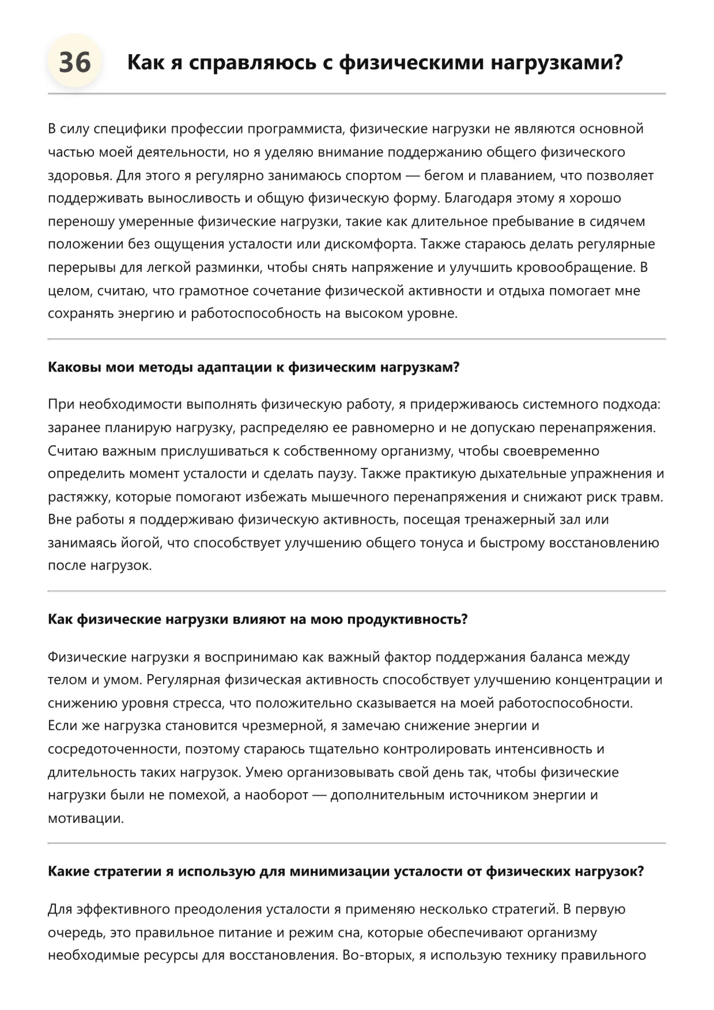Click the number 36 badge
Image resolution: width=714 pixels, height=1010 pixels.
pos(75,62)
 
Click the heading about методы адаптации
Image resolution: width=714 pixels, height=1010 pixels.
pos(254,368)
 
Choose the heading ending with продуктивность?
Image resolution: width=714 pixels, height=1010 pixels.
pos(258,619)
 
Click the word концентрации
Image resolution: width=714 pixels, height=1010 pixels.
pos(602,680)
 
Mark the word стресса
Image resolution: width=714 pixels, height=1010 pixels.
pos(197,703)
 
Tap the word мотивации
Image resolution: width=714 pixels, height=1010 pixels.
pos(86,818)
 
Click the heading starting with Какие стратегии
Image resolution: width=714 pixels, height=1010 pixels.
pos(345,872)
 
